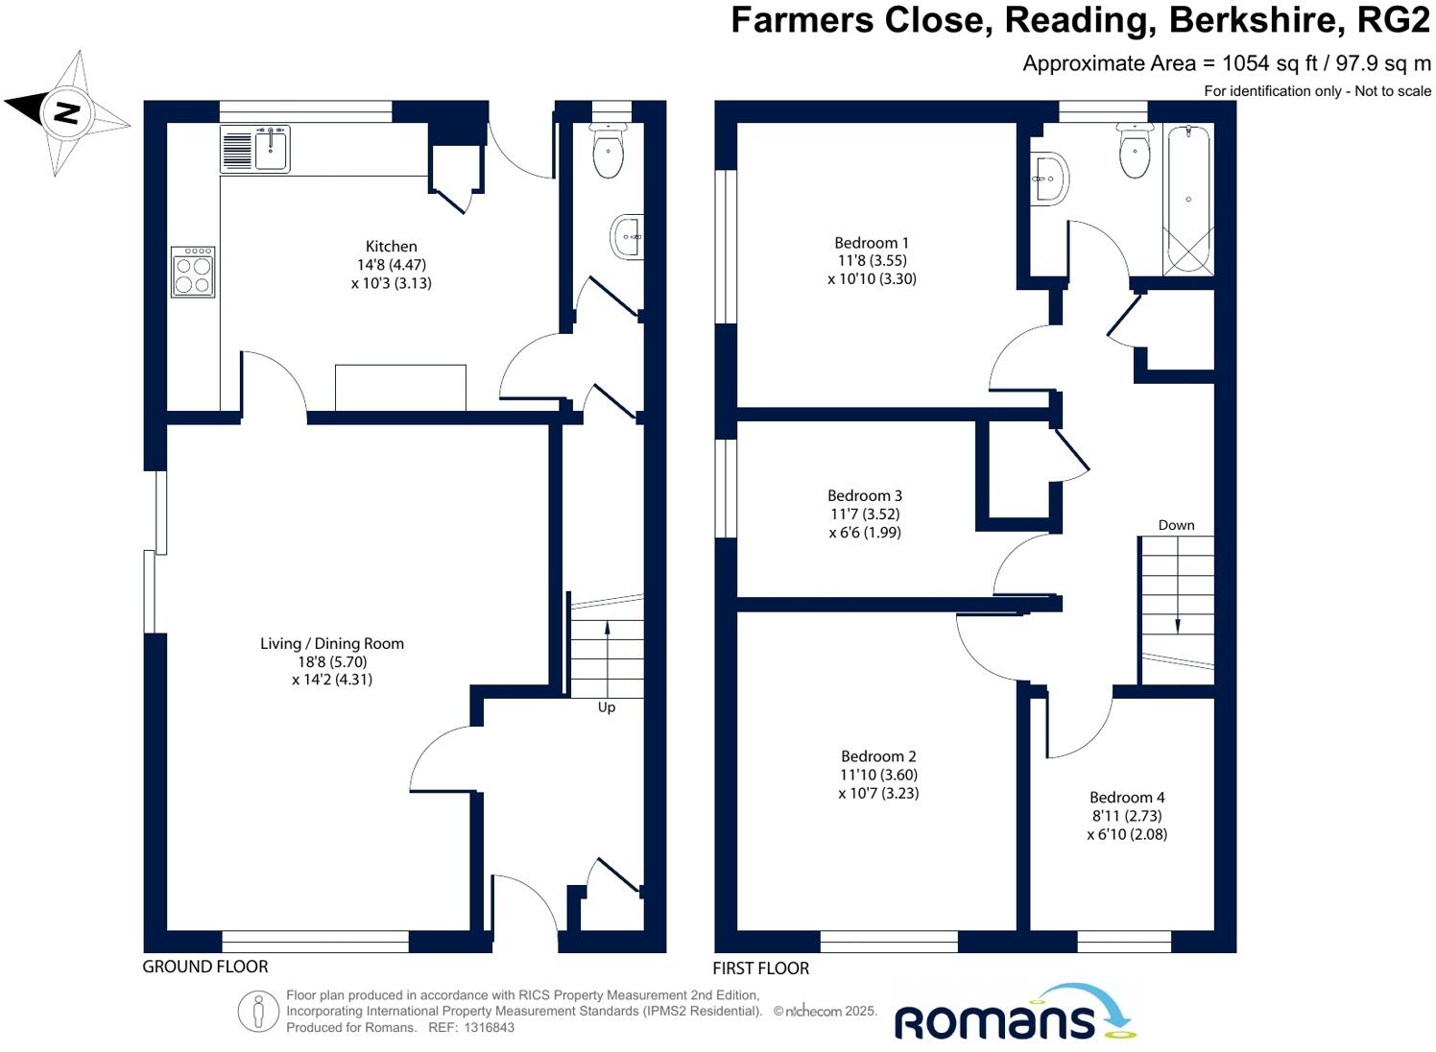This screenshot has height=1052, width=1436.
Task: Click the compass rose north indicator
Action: tap(65, 112)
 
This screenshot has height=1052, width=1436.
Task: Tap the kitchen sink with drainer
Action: tap(254, 150)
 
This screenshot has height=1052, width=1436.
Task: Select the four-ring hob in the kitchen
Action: tap(193, 272)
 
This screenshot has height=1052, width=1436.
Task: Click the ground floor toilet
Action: tap(609, 151)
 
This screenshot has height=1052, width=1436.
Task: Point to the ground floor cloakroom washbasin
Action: tap(627, 236)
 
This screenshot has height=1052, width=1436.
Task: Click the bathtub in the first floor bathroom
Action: tap(1187, 199)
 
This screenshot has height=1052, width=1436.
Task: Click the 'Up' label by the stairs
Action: tap(607, 707)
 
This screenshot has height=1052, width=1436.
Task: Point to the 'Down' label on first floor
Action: tap(1176, 525)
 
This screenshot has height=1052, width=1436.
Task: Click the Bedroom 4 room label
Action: tap(1127, 798)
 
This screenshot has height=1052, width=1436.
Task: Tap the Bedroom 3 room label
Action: tap(865, 496)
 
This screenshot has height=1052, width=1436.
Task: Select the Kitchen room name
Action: tap(392, 247)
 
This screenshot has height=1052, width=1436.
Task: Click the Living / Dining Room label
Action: tap(332, 644)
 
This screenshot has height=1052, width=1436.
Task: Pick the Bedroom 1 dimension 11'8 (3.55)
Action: tap(872, 261)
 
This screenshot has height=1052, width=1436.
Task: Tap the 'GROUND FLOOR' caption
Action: tap(205, 967)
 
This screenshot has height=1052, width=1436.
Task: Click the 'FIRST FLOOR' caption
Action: tap(761, 968)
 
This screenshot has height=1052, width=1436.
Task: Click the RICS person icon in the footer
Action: tap(258, 1012)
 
